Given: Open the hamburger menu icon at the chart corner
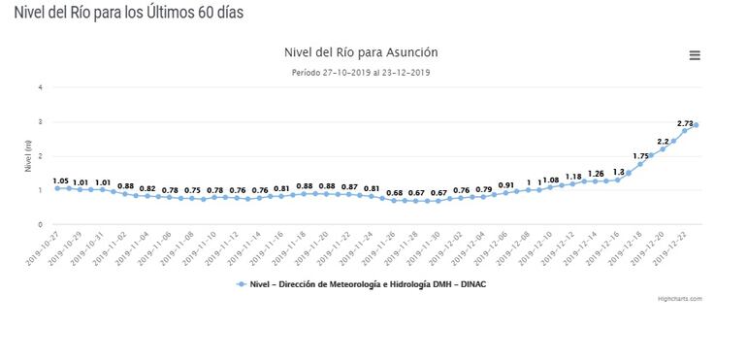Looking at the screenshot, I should pos(695,55).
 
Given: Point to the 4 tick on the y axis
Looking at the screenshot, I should pos(40,87).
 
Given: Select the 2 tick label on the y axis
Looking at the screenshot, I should pos(40,155).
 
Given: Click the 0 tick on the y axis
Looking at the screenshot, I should pos(40,224).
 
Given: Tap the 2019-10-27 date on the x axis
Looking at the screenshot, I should pos(45,247).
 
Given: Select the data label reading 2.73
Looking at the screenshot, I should pos(685,123).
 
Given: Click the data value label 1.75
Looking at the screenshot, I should pos(640,155).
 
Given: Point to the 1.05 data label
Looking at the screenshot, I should pos(59,180).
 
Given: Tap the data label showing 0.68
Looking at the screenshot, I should pos(394,193).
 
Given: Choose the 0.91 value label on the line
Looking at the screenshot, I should pos(505,185).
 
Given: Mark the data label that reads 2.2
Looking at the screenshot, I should pos(664,141).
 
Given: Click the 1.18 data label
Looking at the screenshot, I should pos(574,177).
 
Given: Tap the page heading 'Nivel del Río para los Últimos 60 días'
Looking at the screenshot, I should pos(122,13).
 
